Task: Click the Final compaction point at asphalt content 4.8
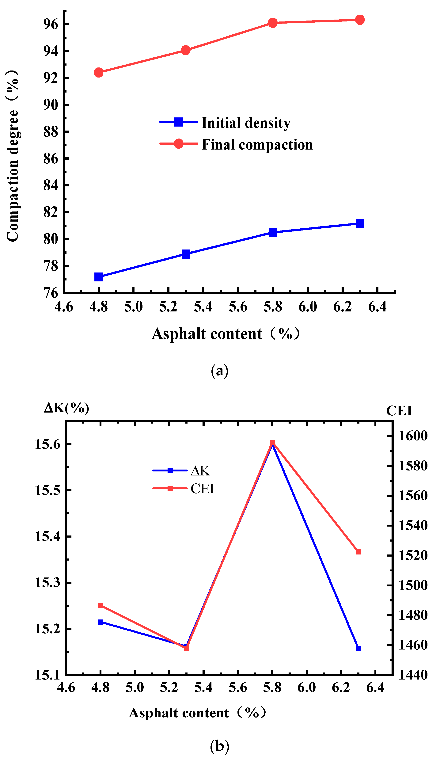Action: [99, 72]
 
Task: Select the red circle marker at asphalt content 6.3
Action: [360, 20]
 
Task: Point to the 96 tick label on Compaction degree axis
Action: [51, 24]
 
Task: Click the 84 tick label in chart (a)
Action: [51, 185]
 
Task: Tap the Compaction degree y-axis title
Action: [13, 156]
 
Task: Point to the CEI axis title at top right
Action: [399, 411]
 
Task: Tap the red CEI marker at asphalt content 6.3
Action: [358, 552]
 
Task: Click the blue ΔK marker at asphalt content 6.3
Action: [358, 648]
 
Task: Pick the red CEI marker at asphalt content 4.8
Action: [101, 605]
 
